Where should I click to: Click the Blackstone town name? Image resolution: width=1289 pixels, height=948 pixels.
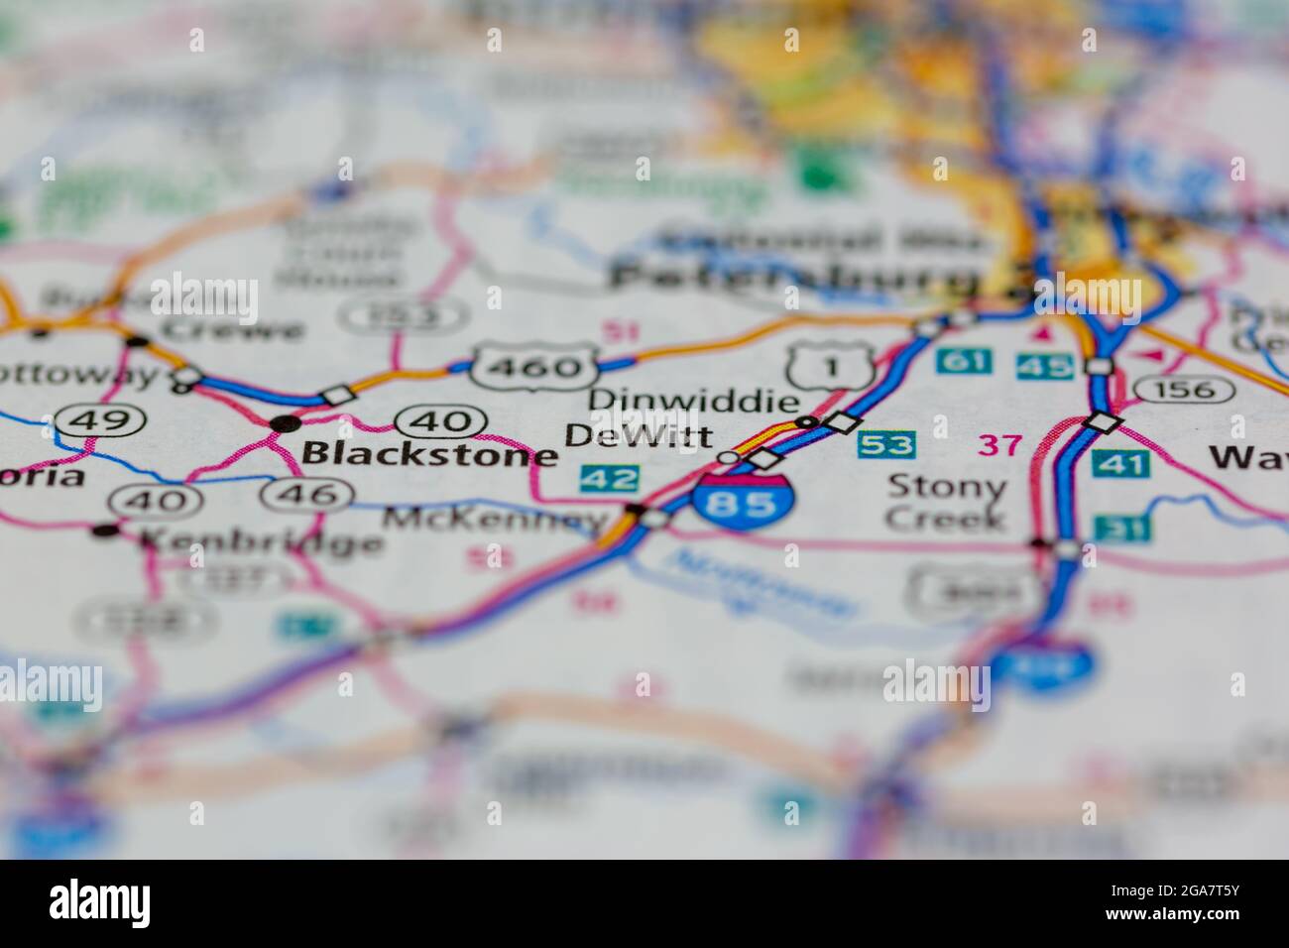pos(429,454)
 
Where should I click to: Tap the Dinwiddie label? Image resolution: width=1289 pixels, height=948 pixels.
pos(693,401)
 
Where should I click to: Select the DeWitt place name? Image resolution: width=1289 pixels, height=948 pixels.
pos(639,435)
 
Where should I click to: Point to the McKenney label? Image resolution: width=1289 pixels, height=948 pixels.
pos(494,519)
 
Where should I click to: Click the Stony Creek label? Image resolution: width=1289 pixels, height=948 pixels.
pos(946,502)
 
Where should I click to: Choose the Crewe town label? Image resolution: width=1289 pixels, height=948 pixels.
pos(233,328)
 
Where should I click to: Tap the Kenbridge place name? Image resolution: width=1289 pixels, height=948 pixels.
pos(261,541)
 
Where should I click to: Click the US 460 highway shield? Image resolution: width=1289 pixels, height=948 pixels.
pos(534,367)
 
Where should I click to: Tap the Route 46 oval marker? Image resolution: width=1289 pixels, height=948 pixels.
pos(311,493)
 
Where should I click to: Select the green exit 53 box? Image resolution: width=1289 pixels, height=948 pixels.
pos(885,444)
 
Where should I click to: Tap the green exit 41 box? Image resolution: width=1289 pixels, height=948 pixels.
pos(1120,463)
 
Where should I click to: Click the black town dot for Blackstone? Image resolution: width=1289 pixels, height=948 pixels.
pos(287,423)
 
